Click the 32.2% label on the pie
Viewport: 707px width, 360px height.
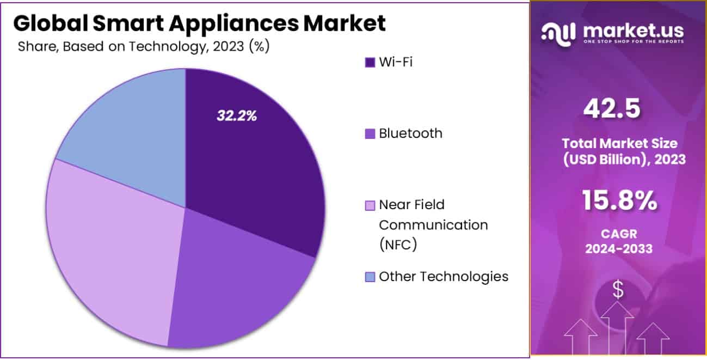[237, 115]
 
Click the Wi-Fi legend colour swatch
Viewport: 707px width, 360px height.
[370, 62]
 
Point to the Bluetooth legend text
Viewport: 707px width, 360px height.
[410, 133]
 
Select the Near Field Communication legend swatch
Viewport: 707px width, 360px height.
[370, 205]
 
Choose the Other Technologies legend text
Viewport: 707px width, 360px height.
[444, 276]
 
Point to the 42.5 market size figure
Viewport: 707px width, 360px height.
[612, 109]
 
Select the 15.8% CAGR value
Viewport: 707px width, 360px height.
[619, 200]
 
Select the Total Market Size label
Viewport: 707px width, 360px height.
[619, 144]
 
